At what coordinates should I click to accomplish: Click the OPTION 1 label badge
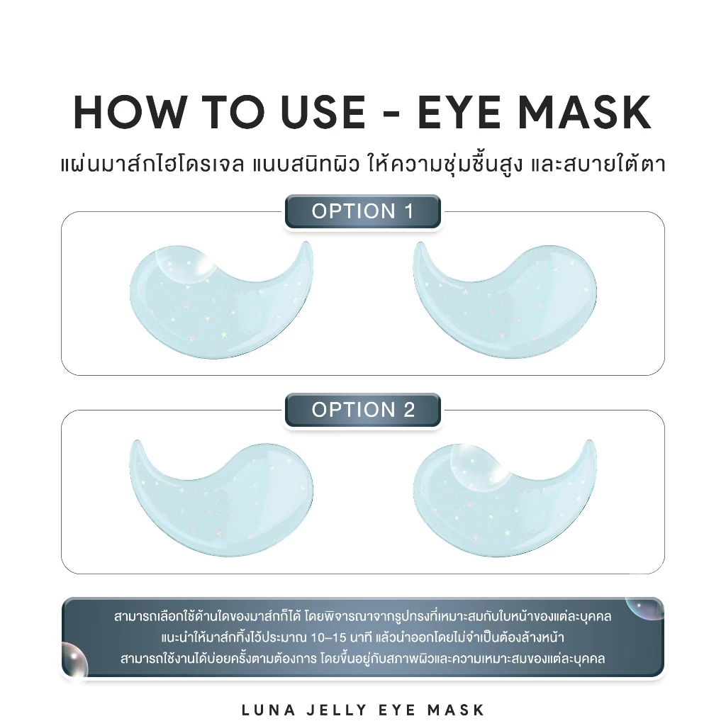(362, 211)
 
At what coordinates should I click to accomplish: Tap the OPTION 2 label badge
(362, 410)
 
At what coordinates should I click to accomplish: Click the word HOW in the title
(129, 112)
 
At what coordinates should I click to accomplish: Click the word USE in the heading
(323, 112)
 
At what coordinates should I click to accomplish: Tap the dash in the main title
(391, 113)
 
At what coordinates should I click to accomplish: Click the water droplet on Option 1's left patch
(184, 264)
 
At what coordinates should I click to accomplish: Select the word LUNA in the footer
(269, 710)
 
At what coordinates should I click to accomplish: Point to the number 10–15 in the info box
(329, 637)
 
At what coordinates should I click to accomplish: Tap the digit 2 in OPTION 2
(409, 410)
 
